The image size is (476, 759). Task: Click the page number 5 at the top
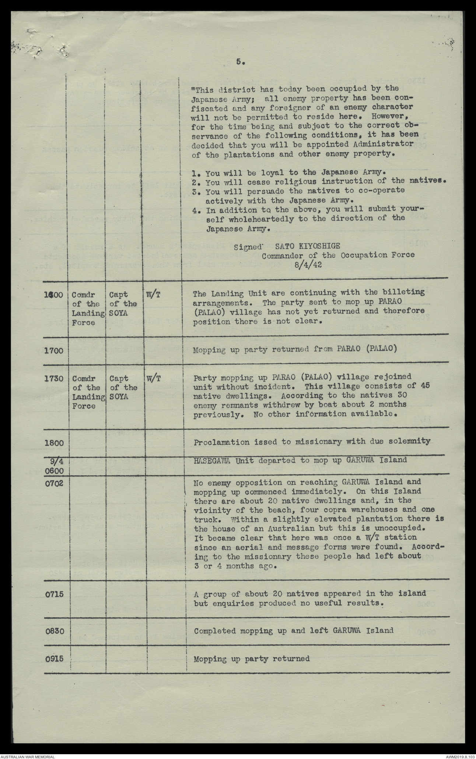[238, 62]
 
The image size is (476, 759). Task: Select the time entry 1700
[54, 350]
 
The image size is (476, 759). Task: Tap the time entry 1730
[54, 379]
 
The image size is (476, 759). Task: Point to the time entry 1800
[54, 442]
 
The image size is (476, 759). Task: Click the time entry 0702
[54, 483]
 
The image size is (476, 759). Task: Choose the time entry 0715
[54, 594]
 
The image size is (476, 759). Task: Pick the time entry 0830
[54, 630]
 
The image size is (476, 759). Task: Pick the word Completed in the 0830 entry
[213, 630]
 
